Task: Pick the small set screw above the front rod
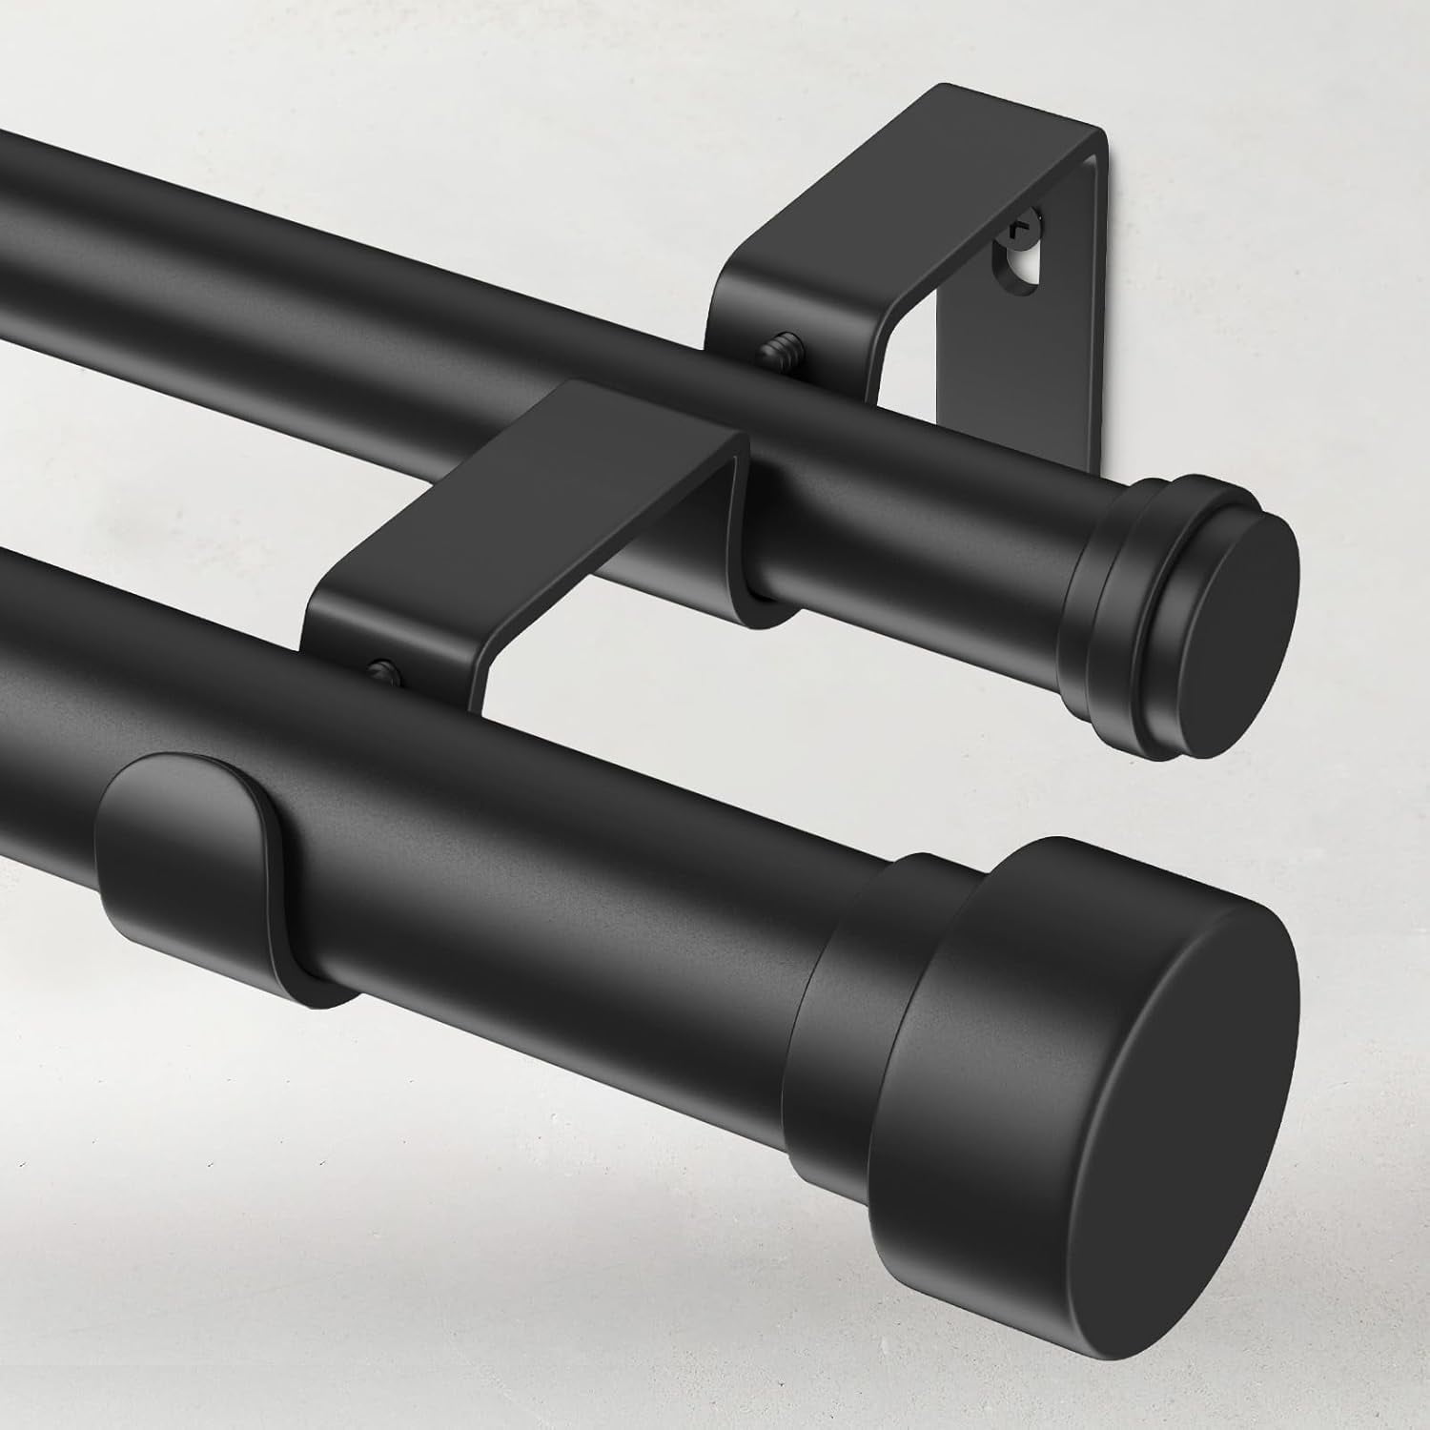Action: click(382, 669)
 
